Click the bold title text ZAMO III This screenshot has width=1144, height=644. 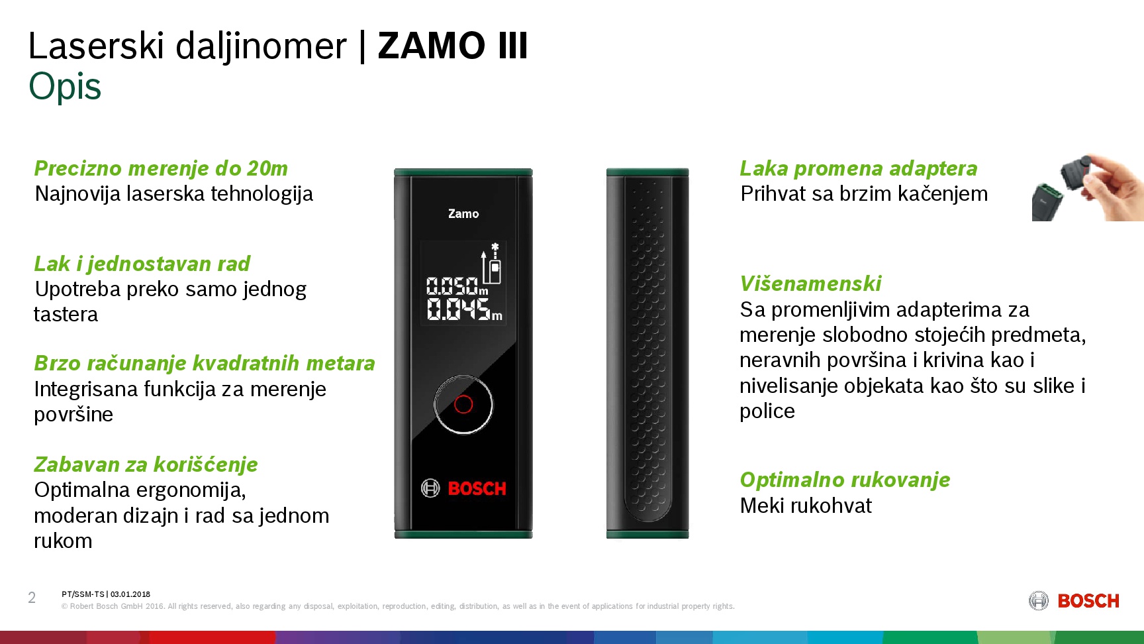[453, 46]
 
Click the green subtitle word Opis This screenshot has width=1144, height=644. [65, 87]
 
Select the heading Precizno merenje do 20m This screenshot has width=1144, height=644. [161, 169]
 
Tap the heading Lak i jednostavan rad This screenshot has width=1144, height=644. [142, 264]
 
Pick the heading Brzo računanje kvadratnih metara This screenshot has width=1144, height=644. [205, 363]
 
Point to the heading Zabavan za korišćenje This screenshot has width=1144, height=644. [146, 464]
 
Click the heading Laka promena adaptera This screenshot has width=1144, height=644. [859, 169]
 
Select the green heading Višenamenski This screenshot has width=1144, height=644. [810, 284]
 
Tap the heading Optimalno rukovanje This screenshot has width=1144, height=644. [845, 480]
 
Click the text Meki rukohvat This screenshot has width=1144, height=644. [806, 506]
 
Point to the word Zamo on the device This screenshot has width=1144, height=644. [463, 214]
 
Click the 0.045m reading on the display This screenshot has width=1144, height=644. [464, 309]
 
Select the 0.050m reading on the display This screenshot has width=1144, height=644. [457, 286]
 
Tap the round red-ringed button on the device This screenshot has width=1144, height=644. [463, 404]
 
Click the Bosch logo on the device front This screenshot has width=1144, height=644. [463, 488]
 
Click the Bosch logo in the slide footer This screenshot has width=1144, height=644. [1074, 601]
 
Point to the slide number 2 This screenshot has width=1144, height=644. [32, 598]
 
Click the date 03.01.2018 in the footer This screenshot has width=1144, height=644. [130, 594]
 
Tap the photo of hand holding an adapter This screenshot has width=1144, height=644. [1088, 188]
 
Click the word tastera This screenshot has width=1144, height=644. [66, 315]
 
